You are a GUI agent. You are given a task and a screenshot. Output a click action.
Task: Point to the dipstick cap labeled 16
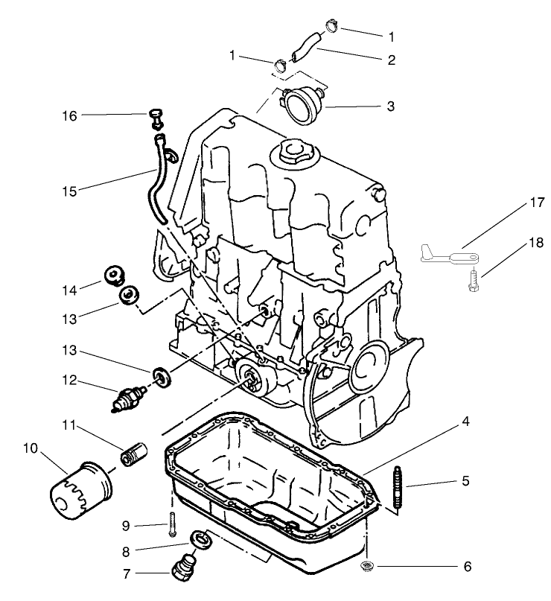157,117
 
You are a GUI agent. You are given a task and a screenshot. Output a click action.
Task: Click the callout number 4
465,422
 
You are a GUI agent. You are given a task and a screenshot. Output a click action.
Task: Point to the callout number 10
31,448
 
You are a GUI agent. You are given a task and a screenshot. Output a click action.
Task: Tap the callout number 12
70,381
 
